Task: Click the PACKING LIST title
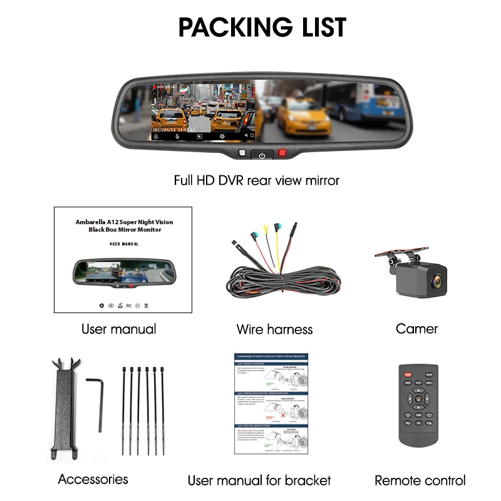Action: coord(262,28)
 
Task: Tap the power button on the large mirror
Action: coord(262,155)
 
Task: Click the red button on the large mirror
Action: coord(282,152)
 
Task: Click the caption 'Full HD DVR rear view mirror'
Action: coord(256,180)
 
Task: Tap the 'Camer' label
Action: coord(416,328)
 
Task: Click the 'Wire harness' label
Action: coord(274,329)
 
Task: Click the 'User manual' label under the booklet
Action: coord(119,329)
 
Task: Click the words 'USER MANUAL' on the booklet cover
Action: coord(123,244)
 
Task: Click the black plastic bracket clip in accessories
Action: coord(65,407)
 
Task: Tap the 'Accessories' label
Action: coord(93,479)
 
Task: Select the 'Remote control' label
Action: coord(420,480)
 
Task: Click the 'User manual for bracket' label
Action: coord(259,480)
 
